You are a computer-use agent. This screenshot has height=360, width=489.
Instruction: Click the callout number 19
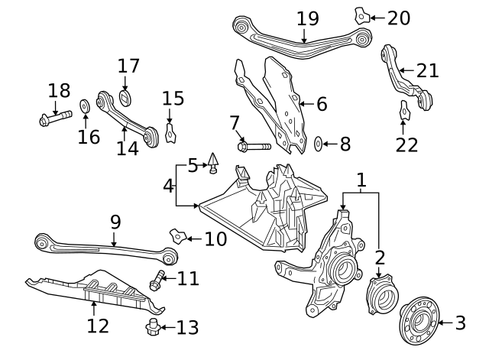[x=307, y=18]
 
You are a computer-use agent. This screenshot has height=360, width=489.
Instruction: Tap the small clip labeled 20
[x=361, y=16]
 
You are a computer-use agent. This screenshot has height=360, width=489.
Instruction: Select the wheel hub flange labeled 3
[x=419, y=321]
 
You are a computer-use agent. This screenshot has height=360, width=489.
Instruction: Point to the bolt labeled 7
[x=254, y=146]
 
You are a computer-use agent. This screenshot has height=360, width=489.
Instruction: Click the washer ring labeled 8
[x=318, y=144]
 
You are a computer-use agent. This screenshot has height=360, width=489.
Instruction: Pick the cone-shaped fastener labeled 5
[x=213, y=163]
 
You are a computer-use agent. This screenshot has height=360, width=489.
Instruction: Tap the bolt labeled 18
[x=56, y=118]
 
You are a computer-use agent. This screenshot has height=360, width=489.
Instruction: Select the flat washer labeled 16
[x=85, y=106]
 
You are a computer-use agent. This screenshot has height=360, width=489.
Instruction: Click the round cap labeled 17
[x=125, y=98]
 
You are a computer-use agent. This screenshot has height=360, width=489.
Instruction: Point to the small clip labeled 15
[x=170, y=133]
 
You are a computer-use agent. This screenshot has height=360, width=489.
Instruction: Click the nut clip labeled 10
[x=178, y=236]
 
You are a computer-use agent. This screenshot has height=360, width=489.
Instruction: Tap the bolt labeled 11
[x=157, y=281]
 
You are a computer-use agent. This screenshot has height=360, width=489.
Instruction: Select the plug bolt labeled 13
[x=153, y=327]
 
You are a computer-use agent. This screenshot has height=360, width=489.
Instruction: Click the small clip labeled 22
[x=405, y=110]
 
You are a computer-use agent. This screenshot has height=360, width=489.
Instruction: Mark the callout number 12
[x=98, y=326]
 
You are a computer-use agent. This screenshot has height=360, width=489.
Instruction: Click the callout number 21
[x=428, y=71]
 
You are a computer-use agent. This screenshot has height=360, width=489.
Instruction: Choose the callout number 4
[x=168, y=186]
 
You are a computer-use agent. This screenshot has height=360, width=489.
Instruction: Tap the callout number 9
[x=115, y=222]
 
